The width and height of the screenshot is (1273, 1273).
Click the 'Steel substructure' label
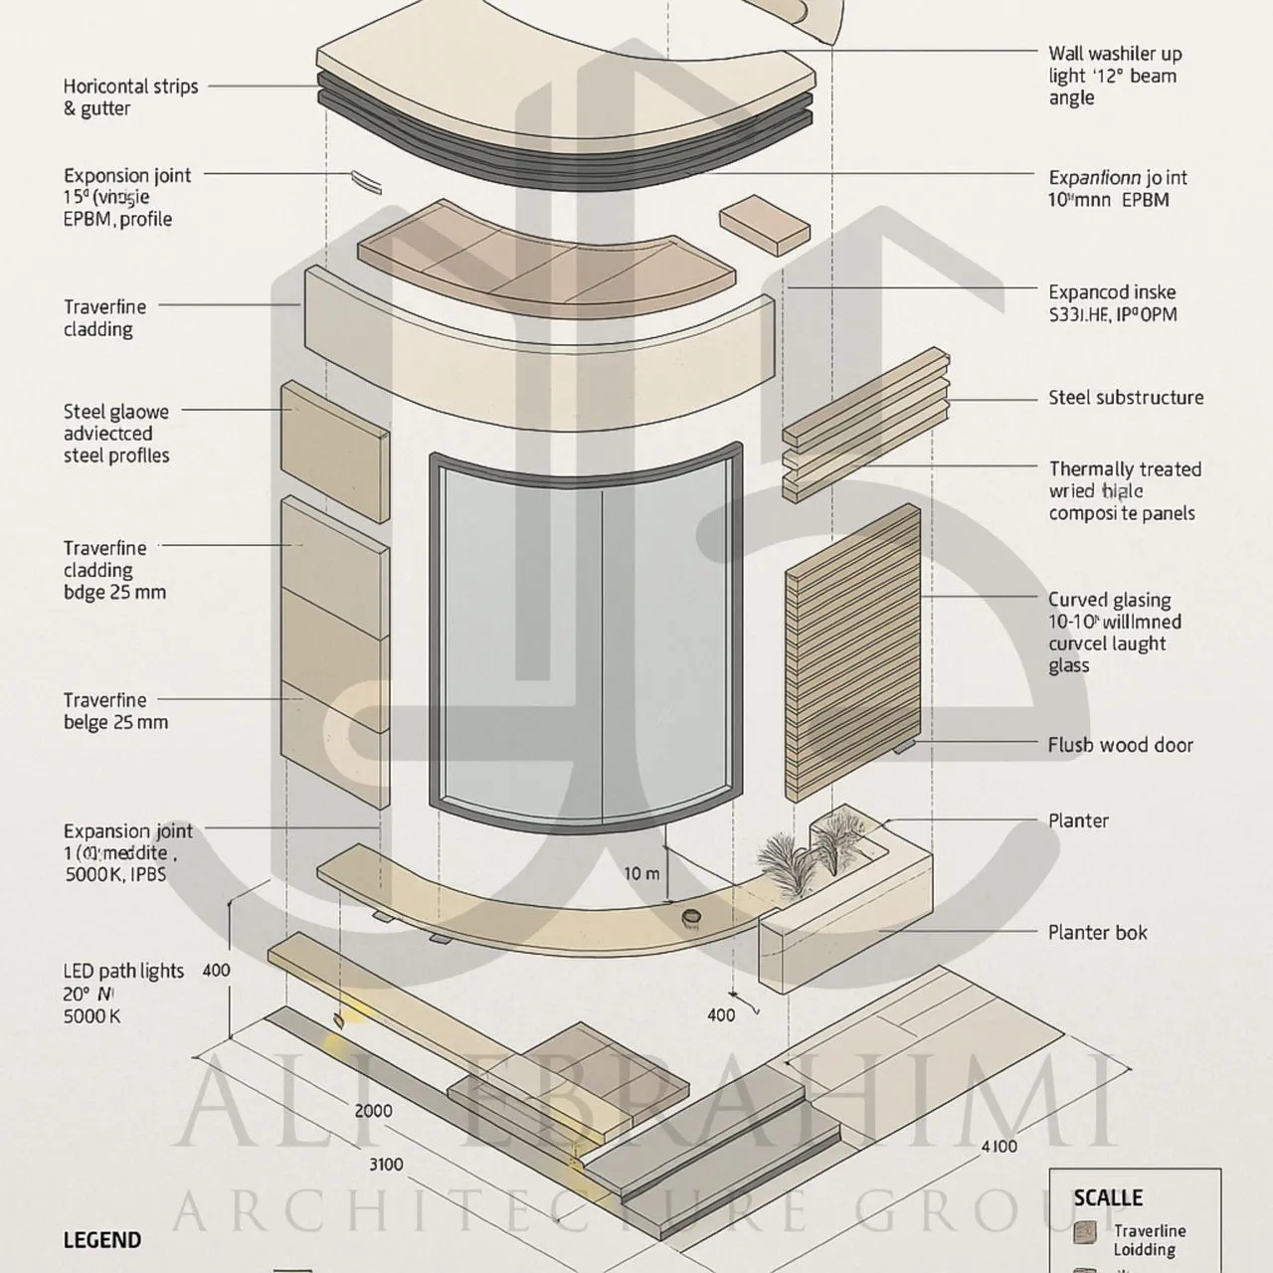1126,398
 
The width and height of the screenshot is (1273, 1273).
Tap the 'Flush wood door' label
1120,745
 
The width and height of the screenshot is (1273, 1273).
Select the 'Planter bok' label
1097,933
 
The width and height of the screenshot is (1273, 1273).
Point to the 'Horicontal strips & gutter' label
130,97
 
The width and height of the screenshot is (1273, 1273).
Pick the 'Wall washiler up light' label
1114,76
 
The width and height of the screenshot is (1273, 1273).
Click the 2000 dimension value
373,1111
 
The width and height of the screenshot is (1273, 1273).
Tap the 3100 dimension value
386,1165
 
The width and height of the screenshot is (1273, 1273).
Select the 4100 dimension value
999,1147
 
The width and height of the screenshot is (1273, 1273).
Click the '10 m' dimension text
641,874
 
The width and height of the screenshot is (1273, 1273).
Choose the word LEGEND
101,1240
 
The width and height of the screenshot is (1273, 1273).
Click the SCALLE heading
1108,1198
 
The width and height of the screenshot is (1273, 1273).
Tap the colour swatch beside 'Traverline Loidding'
1085,1234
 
